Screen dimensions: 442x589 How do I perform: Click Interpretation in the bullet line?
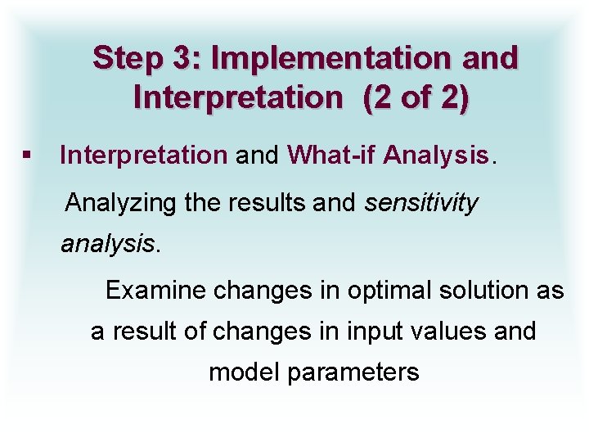tap(144, 155)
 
